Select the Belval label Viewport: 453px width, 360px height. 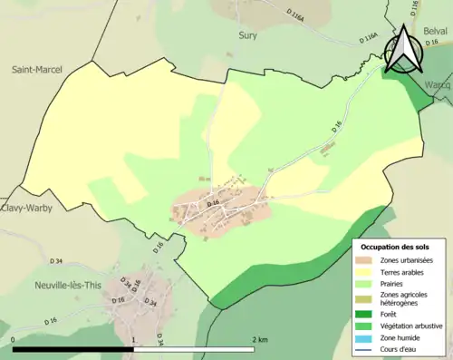[x=435, y=31]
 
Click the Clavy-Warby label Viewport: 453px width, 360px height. [x=26, y=208]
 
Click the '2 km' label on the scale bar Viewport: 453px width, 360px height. [x=260, y=340]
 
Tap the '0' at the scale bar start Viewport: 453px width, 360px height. [x=14, y=340]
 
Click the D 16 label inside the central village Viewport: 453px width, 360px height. [x=213, y=205]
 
